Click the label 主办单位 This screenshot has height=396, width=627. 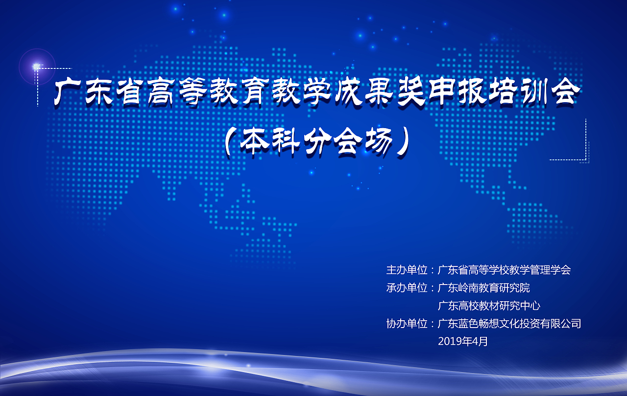pyautogui.click(x=407, y=270)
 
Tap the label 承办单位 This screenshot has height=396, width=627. pyautogui.click(x=407, y=288)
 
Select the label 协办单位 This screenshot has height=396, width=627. pyautogui.click(x=407, y=324)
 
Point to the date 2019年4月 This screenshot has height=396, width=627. pyautogui.click(x=463, y=342)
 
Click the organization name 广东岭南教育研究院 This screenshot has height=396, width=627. pyautogui.click(x=483, y=288)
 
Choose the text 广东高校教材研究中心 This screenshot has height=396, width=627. pyautogui.click(x=489, y=306)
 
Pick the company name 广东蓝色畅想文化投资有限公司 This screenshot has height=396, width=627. pyautogui.click(x=509, y=324)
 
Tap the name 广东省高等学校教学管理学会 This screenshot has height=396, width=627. pyautogui.click(x=504, y=270)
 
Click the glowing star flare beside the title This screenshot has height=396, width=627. pyautogui.click(x=36, y=66)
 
